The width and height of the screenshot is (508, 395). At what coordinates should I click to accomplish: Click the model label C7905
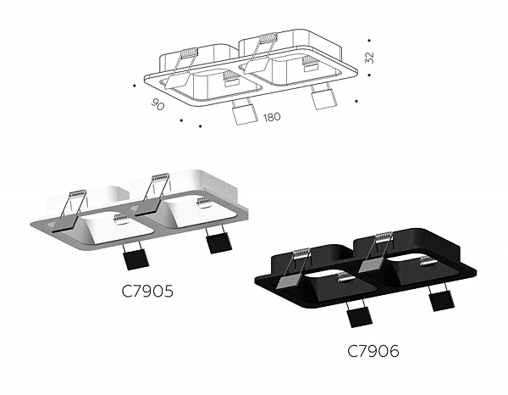148,292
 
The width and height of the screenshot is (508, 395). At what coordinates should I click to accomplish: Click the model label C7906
373,350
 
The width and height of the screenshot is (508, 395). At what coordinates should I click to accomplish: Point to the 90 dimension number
157,105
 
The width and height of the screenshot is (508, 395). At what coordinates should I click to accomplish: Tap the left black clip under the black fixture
356,315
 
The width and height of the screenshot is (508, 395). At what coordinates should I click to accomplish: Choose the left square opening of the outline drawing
212,81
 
